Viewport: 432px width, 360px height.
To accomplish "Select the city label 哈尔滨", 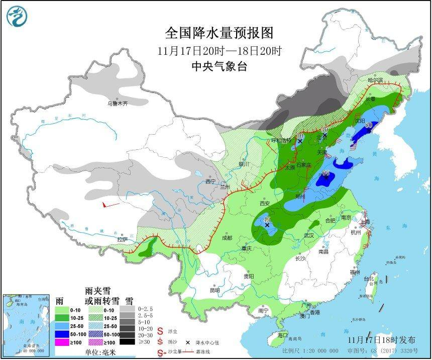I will tap(375, 80).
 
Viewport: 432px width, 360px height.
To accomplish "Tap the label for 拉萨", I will tap(122, 240).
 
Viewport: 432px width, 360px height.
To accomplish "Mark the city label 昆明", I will tap(214, 290).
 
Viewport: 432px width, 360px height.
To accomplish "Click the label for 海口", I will tap(282, 335).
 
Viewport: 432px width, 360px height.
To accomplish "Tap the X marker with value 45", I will tap(267, 225).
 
